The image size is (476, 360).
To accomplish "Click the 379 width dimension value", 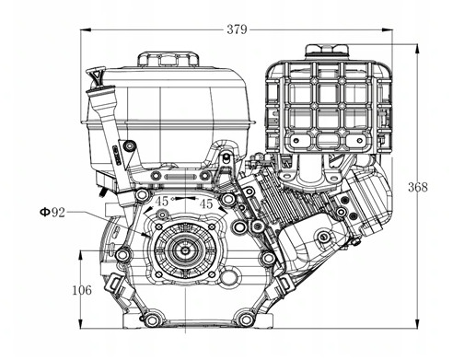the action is point(237,29).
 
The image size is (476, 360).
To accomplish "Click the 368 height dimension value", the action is point(417,187).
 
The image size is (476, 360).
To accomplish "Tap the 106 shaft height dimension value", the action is point(82,290).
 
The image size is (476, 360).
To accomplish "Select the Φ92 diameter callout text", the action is point(52,212).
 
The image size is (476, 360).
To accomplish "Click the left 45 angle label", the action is point(162,202).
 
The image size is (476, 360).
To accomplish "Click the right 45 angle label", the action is point(206,203).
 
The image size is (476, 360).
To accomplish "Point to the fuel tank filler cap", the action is point(168,59).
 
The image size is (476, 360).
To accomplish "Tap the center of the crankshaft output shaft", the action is point(185,250).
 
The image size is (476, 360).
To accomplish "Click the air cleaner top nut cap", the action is point(327,51).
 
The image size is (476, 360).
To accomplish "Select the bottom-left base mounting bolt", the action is point(151,319).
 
